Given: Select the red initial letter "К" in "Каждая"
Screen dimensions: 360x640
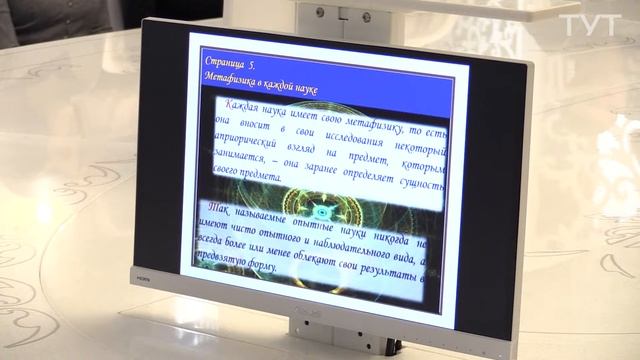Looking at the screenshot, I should click(x=232, y=103).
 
